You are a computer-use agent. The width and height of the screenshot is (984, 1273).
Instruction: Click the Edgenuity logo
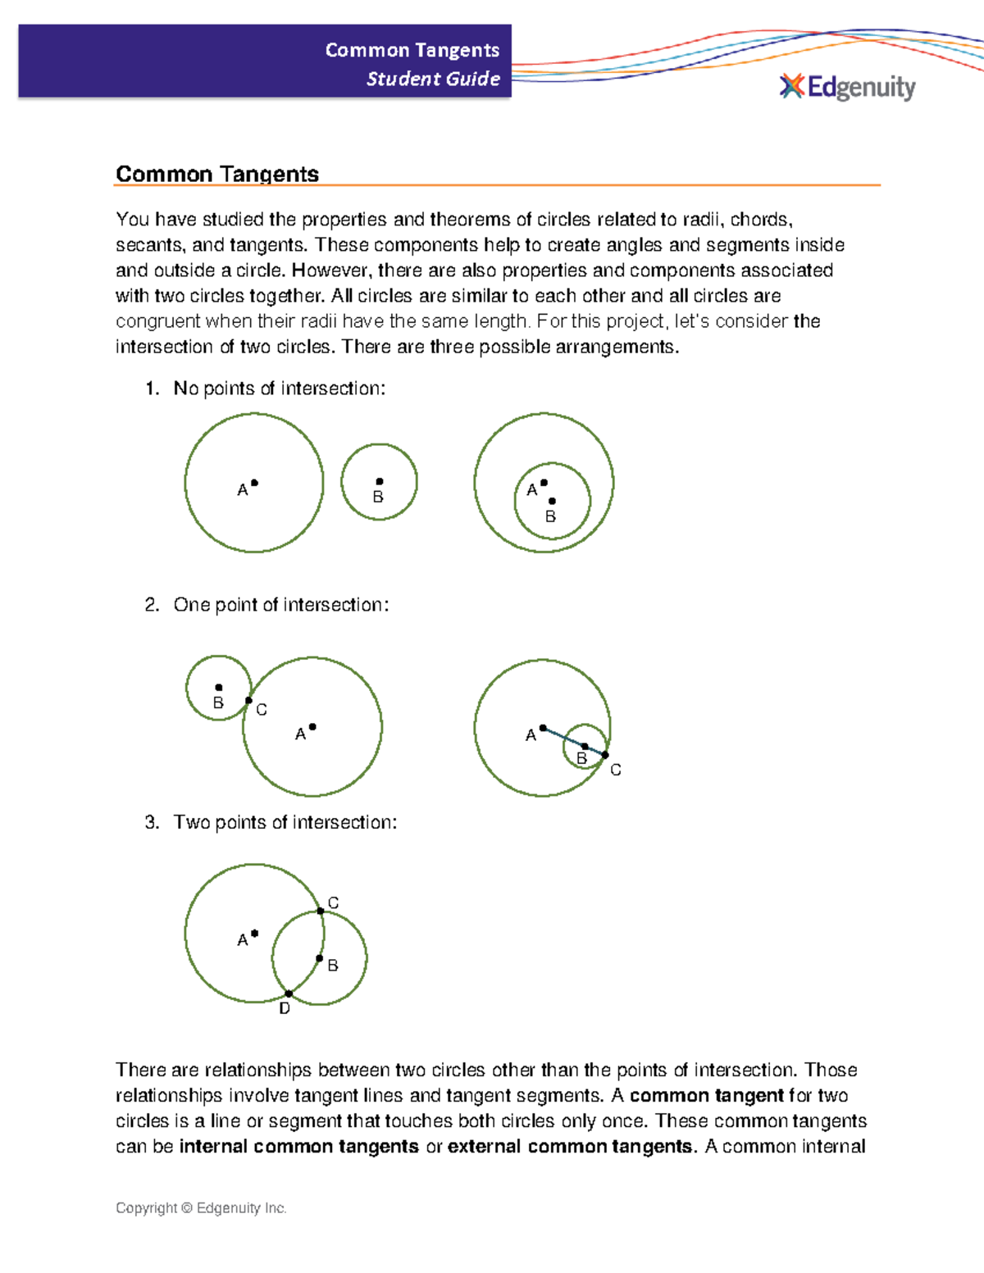pyautogui.click(x=847, y=87)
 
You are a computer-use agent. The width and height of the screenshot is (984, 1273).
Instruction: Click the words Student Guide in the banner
pyautogui.click(x=433, y=79)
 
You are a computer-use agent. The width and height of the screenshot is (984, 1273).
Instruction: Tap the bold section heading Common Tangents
pyautogui.click(x=217, y=174)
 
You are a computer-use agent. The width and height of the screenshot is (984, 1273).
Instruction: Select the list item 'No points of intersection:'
pyautogui.click(x=279, y=389)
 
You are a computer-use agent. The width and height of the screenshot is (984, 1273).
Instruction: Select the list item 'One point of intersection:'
pyautogui.click(x=280, y=605)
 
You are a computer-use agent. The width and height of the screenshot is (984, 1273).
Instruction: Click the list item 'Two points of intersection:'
pyautogui.click(x=285, y=822)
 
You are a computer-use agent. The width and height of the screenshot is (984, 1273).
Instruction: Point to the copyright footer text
pyautogui.click(x=201, y=1207)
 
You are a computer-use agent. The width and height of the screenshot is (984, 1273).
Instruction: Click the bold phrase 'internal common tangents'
pyautogui.click(x=298, y=1146)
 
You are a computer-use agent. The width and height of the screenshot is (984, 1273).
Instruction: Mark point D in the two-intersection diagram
pyautogui.click(x=289, y=994)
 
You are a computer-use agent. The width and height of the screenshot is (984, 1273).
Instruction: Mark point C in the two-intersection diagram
pyautogui.click(x=321, y=911)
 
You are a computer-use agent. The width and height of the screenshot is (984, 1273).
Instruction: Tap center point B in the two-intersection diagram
pyautogui.click(x=320, y=958)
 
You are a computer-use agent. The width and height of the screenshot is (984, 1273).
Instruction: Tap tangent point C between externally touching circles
pyautogui.click(x=248, y=701)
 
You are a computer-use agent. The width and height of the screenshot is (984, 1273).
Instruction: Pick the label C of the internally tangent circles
pyautogui.click(x=615, y=770)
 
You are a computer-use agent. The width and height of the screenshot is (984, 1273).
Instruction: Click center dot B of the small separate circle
pyautogui.click(x=379, y=482)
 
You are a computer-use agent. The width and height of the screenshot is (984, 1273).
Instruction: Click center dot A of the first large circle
pyautogui.click(x=254, y=483)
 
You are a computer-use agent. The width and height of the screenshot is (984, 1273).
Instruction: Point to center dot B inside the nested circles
pyautogui.click(x=552, y=501)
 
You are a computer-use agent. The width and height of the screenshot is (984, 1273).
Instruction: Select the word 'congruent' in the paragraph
pyautogui.click(x=157, y=321)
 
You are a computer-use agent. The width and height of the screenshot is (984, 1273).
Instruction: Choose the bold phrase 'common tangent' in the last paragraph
pyautogui.click(x=706, y=1095)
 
